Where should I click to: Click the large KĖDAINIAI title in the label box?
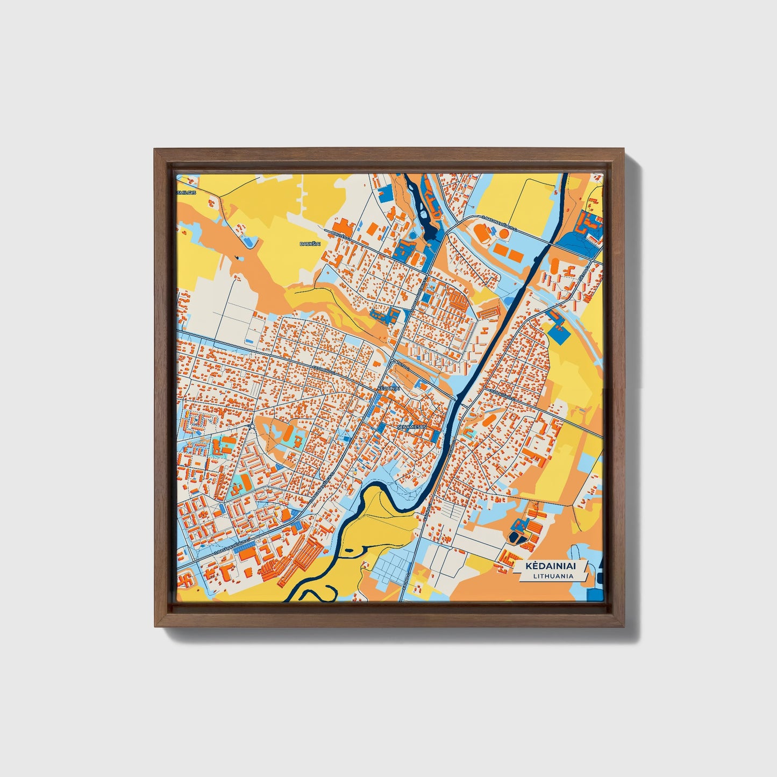548,567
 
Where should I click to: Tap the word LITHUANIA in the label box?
553,576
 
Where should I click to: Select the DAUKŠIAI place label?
309,244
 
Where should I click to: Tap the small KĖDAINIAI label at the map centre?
388,388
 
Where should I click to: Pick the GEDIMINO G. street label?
324,372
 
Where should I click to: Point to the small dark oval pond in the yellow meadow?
347,550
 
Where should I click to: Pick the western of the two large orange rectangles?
501,250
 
